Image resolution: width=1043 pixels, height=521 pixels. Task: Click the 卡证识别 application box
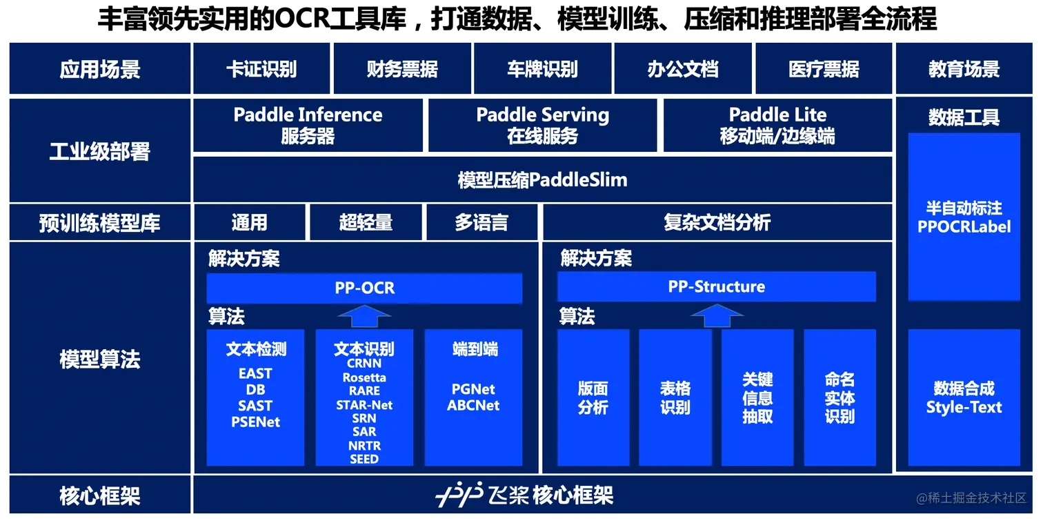[261, 69]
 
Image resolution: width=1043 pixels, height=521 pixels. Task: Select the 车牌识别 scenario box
[542, 69]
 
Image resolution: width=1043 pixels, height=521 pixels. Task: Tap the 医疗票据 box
[824, 69]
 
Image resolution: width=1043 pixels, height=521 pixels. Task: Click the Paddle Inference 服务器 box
[308, 125]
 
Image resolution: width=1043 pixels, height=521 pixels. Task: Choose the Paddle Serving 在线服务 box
[542, 125]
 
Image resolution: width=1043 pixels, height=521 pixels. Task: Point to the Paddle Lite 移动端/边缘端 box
[777, 125]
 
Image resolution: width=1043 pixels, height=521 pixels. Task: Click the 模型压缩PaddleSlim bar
[542, 180]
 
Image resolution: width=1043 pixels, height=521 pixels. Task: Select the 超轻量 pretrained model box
[366, 222]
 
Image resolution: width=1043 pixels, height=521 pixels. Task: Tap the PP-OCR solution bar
[364, 288]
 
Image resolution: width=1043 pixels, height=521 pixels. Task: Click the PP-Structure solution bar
[716, 286]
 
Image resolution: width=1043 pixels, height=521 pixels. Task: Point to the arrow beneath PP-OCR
[364, 316]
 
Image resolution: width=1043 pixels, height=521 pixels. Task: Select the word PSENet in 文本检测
[255, 422]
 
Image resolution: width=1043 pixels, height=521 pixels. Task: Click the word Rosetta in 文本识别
[364, 377]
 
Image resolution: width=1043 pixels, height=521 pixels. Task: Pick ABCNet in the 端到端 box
[473, 406]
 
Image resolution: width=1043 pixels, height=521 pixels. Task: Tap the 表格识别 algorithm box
[675, 397]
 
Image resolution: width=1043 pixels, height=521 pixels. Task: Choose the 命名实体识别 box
[840, 397]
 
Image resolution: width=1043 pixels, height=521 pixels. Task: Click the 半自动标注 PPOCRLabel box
[964, 217]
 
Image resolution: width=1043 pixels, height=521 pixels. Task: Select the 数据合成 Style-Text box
[964, 397]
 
